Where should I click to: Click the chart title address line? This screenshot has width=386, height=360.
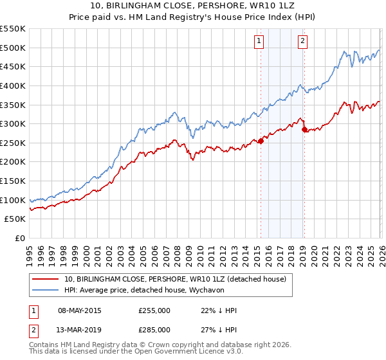[194, 6]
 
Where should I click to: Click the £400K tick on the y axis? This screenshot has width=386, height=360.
[13, 85]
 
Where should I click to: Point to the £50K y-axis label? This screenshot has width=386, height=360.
[15, 219]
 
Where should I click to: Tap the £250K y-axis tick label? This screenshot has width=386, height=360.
[13, 143]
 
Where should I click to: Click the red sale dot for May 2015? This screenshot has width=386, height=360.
[261, 141]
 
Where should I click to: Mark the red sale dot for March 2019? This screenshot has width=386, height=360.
[304, 129]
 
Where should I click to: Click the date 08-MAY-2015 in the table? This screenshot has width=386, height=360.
[79, 311]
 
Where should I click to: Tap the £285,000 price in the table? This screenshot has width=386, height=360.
[154, 329]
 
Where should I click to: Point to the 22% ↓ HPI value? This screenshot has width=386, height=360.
[219, 311]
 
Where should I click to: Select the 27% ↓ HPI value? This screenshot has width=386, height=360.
[219, 329]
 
